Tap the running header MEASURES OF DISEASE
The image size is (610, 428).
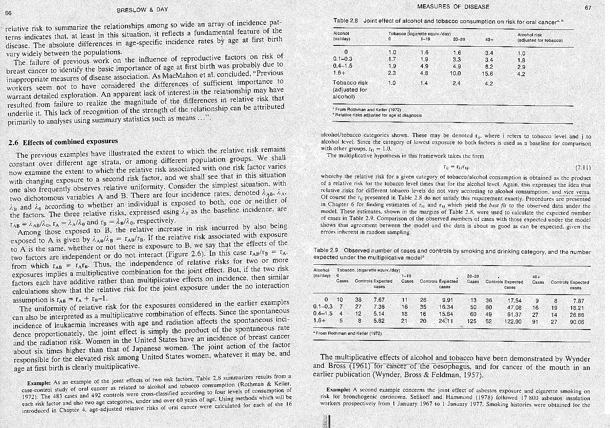(453, 7)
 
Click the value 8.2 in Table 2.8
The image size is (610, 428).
(488, 66)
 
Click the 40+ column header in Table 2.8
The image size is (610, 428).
(489, 40)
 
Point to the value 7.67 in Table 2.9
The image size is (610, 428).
(379, 300)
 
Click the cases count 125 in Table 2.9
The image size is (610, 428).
(472, 322)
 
